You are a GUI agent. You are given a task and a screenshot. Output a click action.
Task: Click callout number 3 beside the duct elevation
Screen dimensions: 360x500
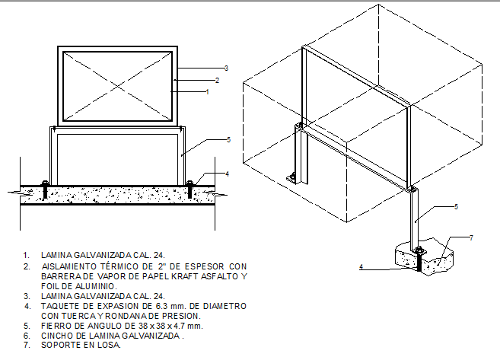226,68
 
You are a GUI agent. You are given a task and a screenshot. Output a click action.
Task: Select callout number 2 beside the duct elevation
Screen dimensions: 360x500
217,80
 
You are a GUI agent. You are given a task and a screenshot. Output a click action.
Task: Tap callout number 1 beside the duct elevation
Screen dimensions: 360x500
207,91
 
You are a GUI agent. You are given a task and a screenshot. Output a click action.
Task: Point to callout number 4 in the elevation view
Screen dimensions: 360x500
226,174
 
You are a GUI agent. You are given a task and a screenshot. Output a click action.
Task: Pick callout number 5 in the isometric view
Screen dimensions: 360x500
455,206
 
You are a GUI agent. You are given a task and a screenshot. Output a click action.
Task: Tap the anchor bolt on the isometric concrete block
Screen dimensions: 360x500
418,256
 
